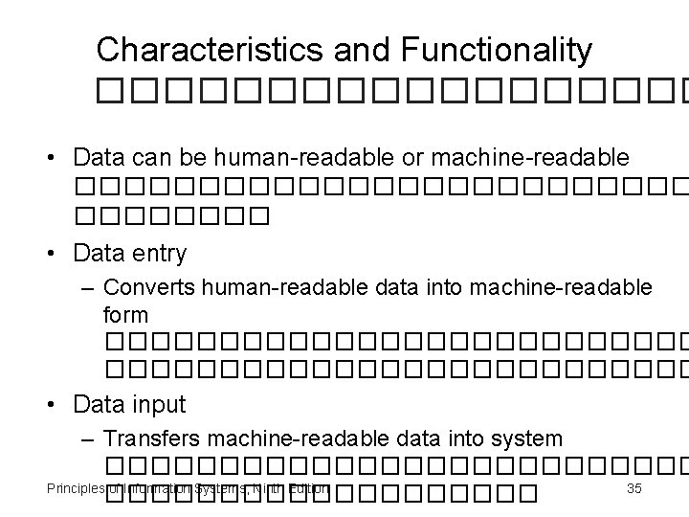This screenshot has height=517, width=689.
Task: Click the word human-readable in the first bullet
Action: (266, 157)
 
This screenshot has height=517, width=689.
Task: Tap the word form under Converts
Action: (125, 314)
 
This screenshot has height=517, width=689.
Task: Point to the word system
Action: (527, 438)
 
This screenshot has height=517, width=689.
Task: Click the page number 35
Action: (633, 489)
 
